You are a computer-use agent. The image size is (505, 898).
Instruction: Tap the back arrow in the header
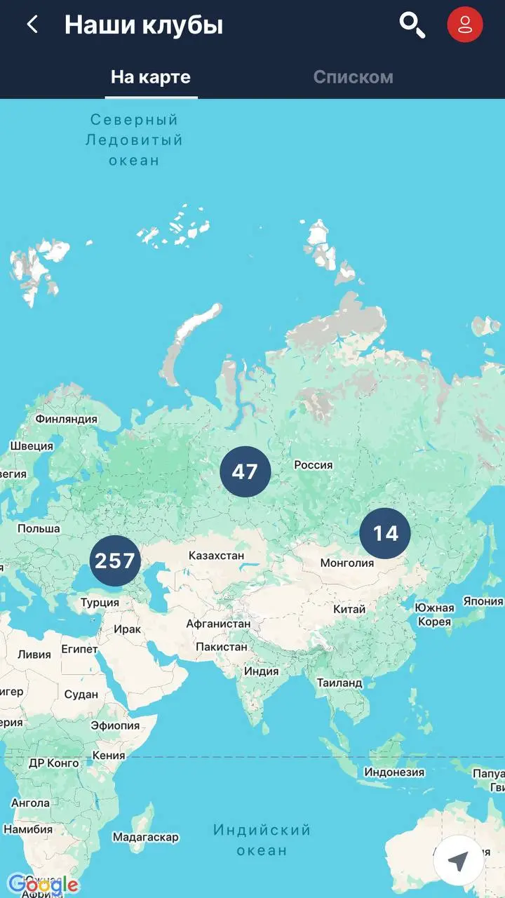pos(32,25)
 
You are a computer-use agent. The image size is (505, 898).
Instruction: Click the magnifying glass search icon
pos(412,25)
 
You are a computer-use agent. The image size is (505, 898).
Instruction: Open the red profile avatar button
pos(464,25)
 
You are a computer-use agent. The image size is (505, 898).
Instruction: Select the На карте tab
pos(151,77)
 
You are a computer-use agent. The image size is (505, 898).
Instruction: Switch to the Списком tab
pos(353,77)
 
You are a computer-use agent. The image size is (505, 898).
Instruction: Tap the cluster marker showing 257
pos(115,561)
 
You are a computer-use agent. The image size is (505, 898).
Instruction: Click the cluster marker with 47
pos(245,471)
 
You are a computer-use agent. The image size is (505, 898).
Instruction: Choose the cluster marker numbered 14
pos(385,533)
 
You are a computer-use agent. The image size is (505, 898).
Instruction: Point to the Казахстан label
pos(216,556)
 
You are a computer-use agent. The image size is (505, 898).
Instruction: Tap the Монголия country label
pos(346,563)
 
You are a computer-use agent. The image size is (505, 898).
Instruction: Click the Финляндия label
pos(66,419)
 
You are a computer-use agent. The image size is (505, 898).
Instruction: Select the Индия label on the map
pos(261,671)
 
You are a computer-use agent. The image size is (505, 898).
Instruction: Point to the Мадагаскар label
pos(145,837)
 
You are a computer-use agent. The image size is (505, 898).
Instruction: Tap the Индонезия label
pos(394,772)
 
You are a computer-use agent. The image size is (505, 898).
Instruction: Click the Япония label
pos(483,601)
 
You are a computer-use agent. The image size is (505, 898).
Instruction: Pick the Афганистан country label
pos(218,623)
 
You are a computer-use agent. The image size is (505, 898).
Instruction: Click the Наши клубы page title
pos(144,25)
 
